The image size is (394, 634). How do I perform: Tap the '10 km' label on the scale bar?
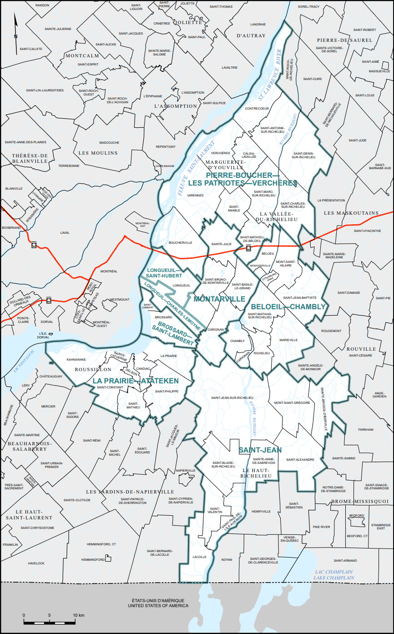coord(79,615)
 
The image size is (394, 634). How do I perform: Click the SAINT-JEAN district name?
coord(260,450)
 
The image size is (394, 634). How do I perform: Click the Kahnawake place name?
coord(76,359)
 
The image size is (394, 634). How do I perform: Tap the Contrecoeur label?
coord(257,109)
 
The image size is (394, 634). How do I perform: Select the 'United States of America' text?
coord(158,606)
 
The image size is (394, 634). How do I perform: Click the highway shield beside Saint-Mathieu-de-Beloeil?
coord(248,248)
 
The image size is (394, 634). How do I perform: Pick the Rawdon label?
coord(42,5)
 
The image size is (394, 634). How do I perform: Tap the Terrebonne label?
coord(69,166)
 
